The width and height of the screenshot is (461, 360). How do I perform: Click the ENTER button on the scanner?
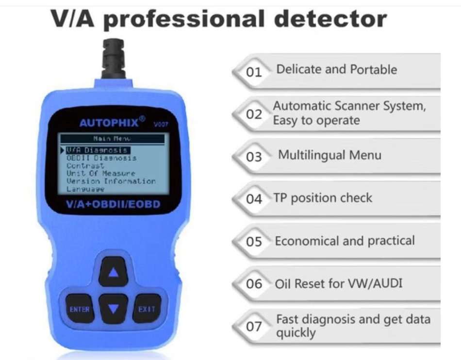(x=80, y=309)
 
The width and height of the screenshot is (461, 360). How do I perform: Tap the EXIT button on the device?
(x=147, y=309)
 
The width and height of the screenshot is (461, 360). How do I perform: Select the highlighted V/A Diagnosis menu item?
(x=97, y=150)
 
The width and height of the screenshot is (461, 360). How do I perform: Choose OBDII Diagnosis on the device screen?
(x=101, y=158)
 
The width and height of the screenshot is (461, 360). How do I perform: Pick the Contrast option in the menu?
(x=85, y=165)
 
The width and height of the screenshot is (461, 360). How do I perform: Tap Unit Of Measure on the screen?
(x=101, y=173)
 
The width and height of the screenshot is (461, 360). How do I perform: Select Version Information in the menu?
(x=111, y=181)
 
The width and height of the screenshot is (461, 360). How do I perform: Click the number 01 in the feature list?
(x=254, y=72)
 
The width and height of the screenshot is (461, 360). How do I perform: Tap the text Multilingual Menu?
(x=329, y=155)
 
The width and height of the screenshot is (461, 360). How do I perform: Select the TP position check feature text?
(x=323, y=198)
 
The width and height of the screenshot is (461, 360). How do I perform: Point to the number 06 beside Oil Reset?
(x=254, y=284)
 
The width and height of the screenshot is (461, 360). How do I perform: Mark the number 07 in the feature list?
(x=254, y=327)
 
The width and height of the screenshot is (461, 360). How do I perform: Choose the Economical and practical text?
(x=345, y=241)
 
